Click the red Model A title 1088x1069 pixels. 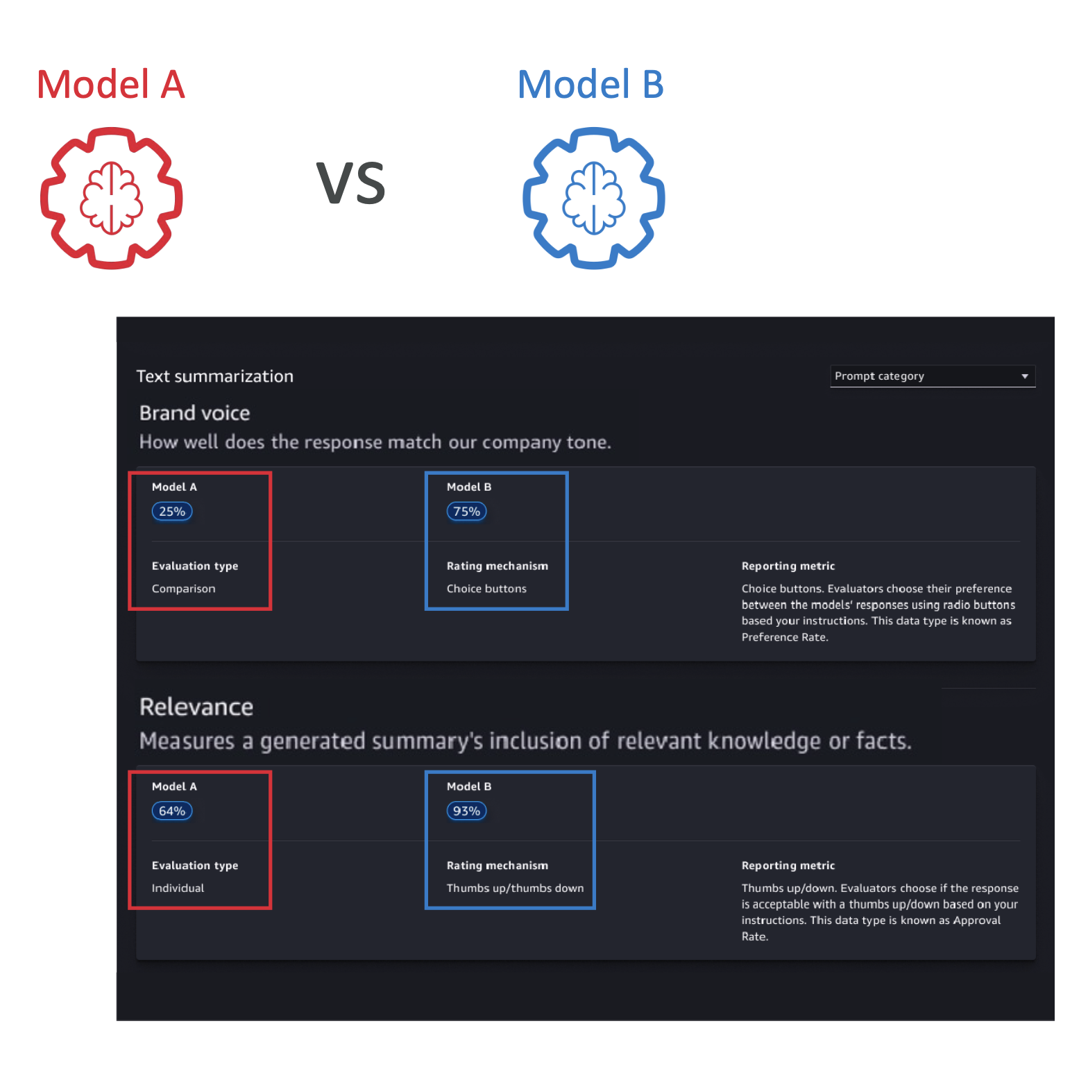click(x=111, y=85)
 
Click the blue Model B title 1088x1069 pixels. click(x=590, y=85)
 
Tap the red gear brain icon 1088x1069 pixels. click(x=112, y=199)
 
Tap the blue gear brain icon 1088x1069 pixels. click(x=594, y=199)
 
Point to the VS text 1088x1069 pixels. click(x=350, y=183)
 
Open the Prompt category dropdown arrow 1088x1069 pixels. click(x=1024, y=376)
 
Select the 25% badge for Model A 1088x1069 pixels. click(x=172, y=512)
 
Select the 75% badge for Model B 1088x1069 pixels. click(x=466, y=512)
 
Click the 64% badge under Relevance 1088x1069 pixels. click(x=172, y=811)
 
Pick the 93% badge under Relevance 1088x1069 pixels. click(x=466, y=811)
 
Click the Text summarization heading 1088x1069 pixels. click(x=214, y=376)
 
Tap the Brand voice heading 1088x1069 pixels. click(x=194, y=413)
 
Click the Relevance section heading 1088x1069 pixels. click(x=196, y=707)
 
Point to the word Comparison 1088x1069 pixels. click(x=183, y=589)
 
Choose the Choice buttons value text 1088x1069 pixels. click(x=486, y=589)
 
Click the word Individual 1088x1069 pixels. click(x=178, y=888)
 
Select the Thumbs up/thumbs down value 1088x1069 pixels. click(x=515, y=888)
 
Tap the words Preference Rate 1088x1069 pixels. click(x=784, y=637)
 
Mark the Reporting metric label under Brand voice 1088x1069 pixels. click(x=788, y=566)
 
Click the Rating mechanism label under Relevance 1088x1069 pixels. click(x=497, y=866)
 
